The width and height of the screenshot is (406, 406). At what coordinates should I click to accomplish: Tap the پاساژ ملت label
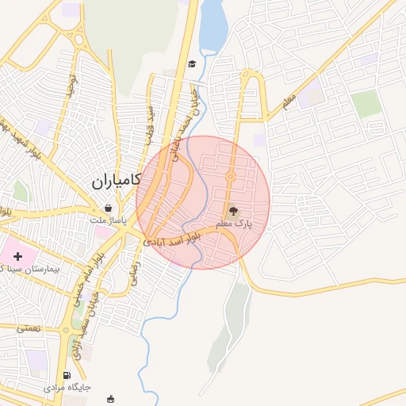107,220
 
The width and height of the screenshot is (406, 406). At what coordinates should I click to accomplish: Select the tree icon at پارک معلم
233,211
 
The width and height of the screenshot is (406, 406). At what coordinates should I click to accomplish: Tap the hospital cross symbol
18,256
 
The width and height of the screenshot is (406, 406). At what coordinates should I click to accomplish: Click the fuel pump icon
67,375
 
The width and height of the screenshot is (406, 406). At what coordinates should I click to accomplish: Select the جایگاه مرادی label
70,387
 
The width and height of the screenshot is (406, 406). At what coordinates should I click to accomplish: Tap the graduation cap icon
192,64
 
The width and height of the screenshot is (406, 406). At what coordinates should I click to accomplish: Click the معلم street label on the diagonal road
289,101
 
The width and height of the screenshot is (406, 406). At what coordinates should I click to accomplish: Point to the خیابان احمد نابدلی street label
185,123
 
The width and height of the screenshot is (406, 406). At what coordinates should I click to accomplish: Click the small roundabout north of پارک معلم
231,176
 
